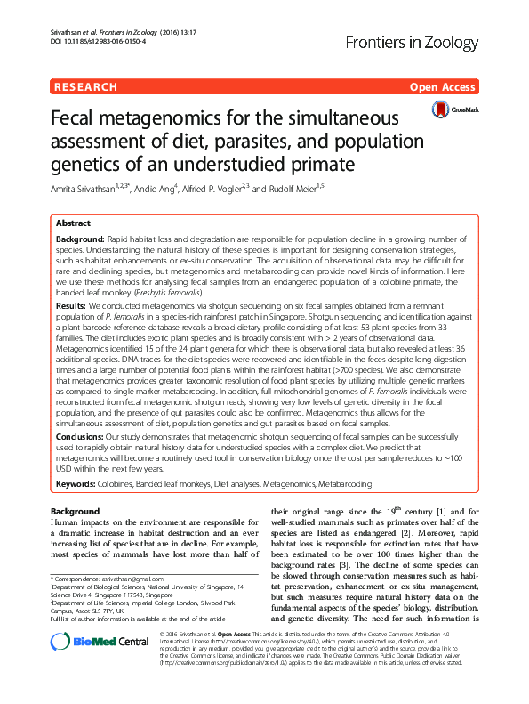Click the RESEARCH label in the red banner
coord(85,87)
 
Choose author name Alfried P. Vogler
coord(212,190)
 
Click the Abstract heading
coord(73,224)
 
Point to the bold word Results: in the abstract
coord(71,304)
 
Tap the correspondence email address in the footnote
coord(132,579)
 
